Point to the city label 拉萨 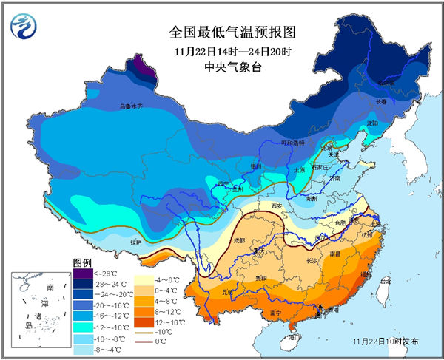click(135, 241)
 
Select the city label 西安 click(278, 206)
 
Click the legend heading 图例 click(81, 263)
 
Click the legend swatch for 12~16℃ click(141, 322)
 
